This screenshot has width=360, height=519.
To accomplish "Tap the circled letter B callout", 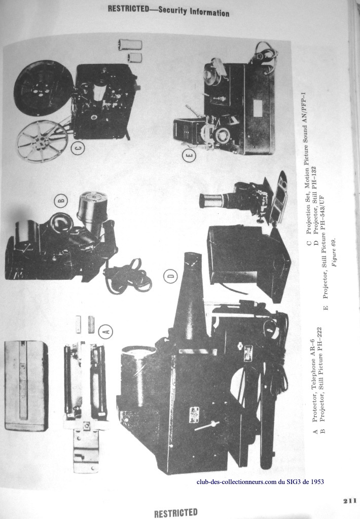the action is (61, 200).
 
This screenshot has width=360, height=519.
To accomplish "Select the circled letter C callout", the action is (78, 147).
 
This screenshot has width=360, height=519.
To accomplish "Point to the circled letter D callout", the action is (171, 277).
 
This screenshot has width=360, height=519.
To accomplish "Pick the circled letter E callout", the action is (190, 156).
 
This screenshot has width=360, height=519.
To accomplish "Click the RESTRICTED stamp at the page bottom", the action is (175, 513).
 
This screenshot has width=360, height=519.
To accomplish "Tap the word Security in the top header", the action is (172, 10).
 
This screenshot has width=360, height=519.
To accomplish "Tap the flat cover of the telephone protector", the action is (26, 386).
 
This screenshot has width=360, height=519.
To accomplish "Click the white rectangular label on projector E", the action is (257, 107).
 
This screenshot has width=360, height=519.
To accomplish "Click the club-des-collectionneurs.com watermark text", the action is (260, 481).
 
